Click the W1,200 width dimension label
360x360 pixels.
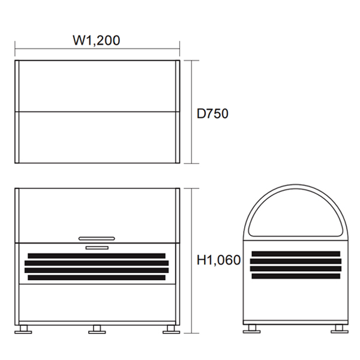[97, 40]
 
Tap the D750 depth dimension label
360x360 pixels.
[212, 113]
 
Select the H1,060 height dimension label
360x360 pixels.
[218, 260]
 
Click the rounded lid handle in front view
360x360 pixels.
[97, 239]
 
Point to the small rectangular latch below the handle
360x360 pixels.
[97, 248]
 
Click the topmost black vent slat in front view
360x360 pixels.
[97, 256]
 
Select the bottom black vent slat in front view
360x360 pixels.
[97, 277]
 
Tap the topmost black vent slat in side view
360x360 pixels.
[296, 254]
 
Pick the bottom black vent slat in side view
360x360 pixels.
[296, 276]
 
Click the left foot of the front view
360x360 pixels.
[23, 329]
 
